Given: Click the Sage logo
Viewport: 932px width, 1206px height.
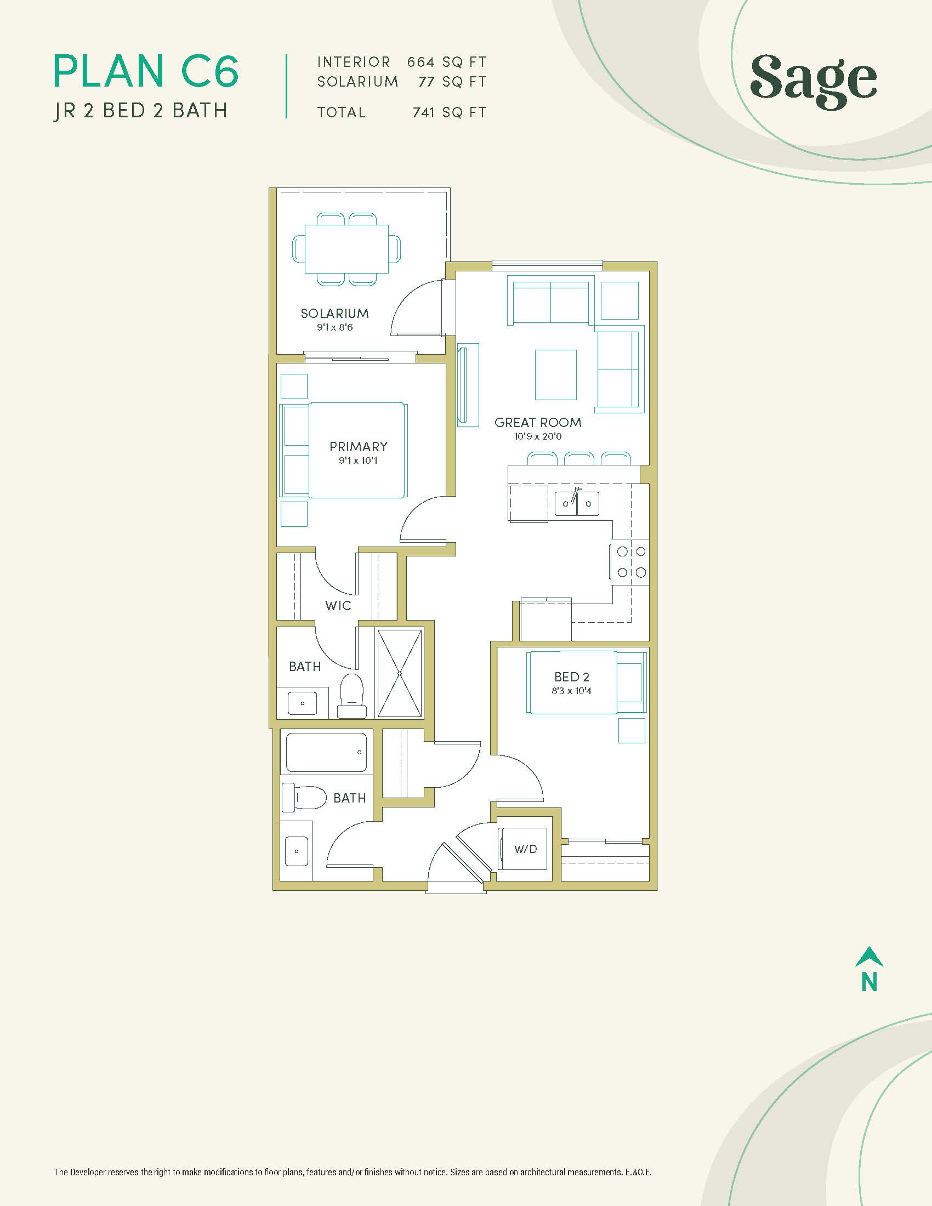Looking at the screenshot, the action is (813, 82).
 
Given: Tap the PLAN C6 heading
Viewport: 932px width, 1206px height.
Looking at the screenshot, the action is (146, 71).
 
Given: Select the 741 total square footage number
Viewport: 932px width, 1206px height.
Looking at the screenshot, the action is (423, 112).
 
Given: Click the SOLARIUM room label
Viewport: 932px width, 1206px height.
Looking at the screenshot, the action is (334, 313).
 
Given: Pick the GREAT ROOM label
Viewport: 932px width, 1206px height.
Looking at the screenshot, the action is (538, 423).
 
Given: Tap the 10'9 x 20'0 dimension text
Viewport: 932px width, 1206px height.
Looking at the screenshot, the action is (538, 436).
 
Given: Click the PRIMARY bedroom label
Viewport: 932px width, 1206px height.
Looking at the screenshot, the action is (359, 446).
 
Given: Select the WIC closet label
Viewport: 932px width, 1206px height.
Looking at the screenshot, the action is (338, 606).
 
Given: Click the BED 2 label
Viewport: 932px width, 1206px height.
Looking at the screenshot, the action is (571, 676).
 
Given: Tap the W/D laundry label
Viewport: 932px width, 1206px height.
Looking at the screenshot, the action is (525, 848).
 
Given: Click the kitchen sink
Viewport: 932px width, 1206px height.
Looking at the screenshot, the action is (576, 503).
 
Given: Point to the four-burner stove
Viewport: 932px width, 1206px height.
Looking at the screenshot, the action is (629, 561).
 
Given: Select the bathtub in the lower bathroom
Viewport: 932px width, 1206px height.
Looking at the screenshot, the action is (326, 752).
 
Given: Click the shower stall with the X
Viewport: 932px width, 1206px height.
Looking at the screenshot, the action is (399, 673).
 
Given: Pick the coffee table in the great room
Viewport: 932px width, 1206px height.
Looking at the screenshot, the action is (555, 374).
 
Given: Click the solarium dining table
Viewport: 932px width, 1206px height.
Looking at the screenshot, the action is (346, 248).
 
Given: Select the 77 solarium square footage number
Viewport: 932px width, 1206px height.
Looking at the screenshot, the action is (426, 82).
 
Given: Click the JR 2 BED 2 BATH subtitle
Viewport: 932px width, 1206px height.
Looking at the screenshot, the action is (140, 110).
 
